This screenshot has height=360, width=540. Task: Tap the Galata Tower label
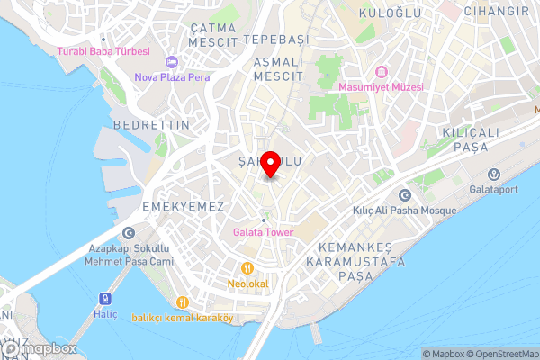pyautogui.click(x=263, y=231)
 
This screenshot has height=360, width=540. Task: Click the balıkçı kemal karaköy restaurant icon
pyautogui.click(x=183, y=302)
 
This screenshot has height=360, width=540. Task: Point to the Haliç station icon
pyautogui.click(x=104, y=298)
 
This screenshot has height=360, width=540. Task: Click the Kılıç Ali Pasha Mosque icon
pyautogui.click(x=404, y=194)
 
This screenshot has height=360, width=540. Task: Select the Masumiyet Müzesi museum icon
pyautogui.click(x=381, y=72)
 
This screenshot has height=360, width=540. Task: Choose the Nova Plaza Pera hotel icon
pyautogui.click(x=173, y=61)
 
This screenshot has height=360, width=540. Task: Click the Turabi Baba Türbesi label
pyautogui.click(x=103, y=52)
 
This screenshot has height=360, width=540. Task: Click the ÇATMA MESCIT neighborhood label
pyautogui.click(x=213, y=35)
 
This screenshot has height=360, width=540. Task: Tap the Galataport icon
pyautogui.click(x=493, y=174)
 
